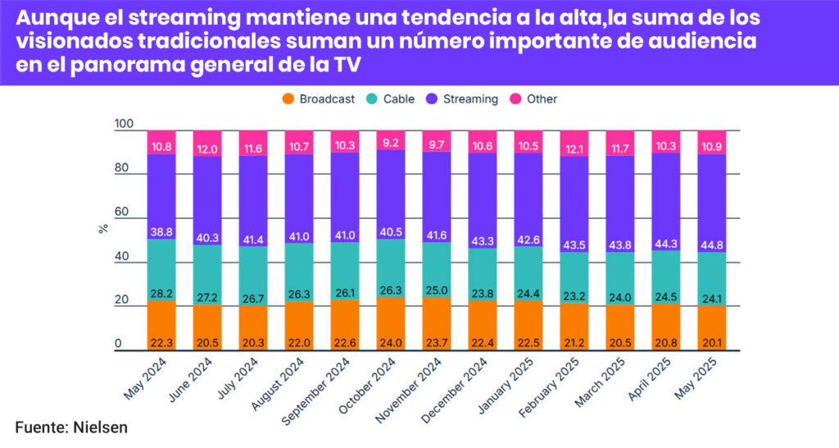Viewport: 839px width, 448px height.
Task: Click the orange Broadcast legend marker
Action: coord(288,99)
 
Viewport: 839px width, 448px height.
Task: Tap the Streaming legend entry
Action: coord(469,99)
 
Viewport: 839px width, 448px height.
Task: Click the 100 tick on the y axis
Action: coord(123,125)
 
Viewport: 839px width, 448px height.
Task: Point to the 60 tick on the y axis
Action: coord(123,213)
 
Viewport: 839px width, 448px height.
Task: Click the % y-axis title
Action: coord(103,229)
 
